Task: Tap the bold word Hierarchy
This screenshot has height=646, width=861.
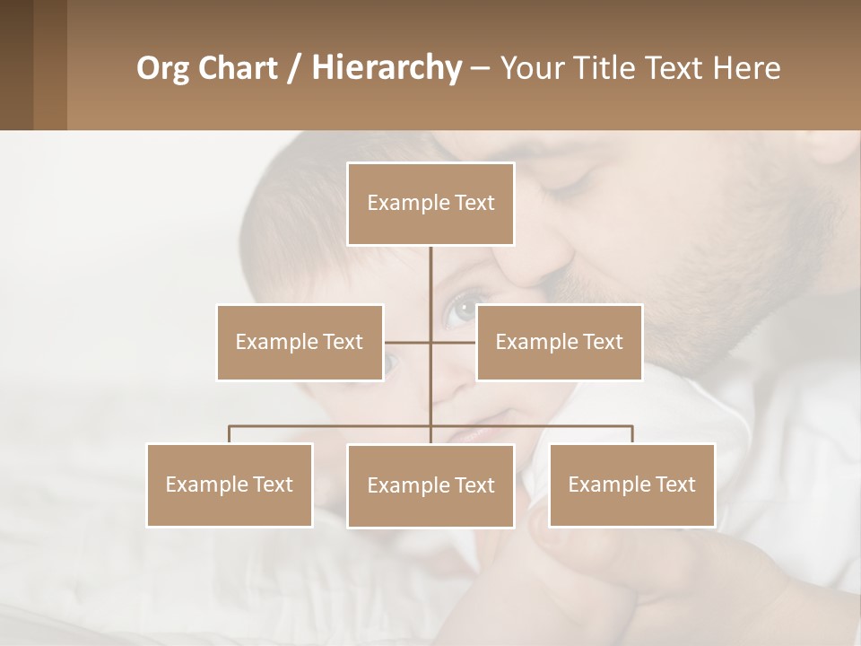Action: [386, 68]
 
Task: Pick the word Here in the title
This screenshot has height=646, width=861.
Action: [746, 68]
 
